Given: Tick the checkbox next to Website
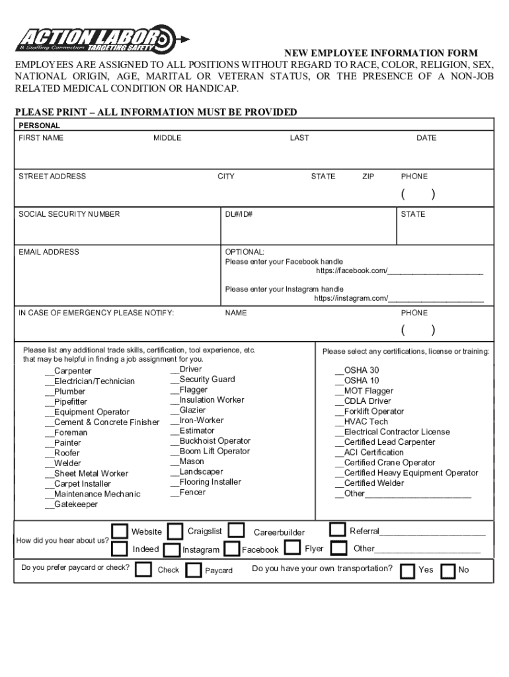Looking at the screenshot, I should [120, 532].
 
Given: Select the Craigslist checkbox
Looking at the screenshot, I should [175, 532].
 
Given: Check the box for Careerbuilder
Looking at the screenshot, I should [235, 531].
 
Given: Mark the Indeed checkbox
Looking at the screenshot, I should [120, 549].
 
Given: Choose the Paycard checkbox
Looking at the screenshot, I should [193, 570].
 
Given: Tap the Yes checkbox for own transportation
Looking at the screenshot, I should [408, 570].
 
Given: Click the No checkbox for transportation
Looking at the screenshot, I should [448, 570].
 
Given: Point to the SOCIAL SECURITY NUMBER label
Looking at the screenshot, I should [69, 214].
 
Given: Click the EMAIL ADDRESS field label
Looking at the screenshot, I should [49, 252].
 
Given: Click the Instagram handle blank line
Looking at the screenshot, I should [436, 299].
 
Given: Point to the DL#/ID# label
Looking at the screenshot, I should [239, 214].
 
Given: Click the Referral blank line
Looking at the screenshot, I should [432, 532].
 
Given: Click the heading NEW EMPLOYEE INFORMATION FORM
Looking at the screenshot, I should [381, 53].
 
